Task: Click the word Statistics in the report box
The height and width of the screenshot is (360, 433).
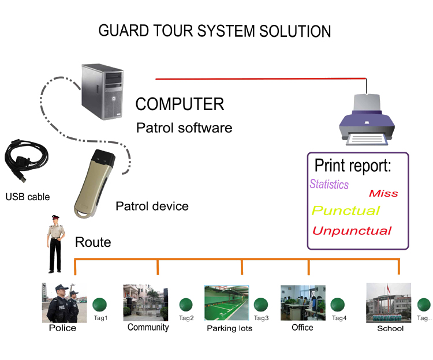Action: [329, 185]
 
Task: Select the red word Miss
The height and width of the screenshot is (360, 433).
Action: [383, 194]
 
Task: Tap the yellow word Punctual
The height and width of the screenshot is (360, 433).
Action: [346, 211]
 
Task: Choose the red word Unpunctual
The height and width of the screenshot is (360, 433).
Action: [352, 231]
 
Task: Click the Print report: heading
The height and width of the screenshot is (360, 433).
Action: [353, 166]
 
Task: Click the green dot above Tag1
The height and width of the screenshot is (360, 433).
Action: [100, 304]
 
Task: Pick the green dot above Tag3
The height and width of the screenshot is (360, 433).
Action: [261, 304]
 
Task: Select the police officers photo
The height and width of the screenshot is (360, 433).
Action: [60, 303]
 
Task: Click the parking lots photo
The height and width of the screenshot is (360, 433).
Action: [227, 303]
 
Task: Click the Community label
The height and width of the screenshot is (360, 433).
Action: [148, 327]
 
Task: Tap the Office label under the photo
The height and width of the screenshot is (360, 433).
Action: [302, 327]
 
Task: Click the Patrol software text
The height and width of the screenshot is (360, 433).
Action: [184, 127]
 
